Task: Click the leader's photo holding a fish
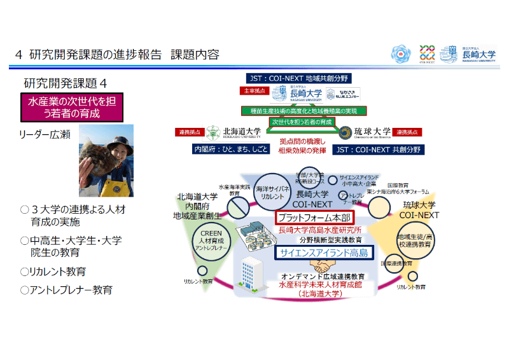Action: [x=106, y=160]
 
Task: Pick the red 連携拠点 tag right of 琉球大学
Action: [x=407, y=133]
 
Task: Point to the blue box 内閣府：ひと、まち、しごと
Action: [x=227, y=149]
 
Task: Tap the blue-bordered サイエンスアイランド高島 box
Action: [x=314, y=253]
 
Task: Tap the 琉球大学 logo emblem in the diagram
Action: [x=345, y=133]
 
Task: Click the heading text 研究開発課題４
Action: [x=65, y=83]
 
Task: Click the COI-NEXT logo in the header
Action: [x=428, y=54]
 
